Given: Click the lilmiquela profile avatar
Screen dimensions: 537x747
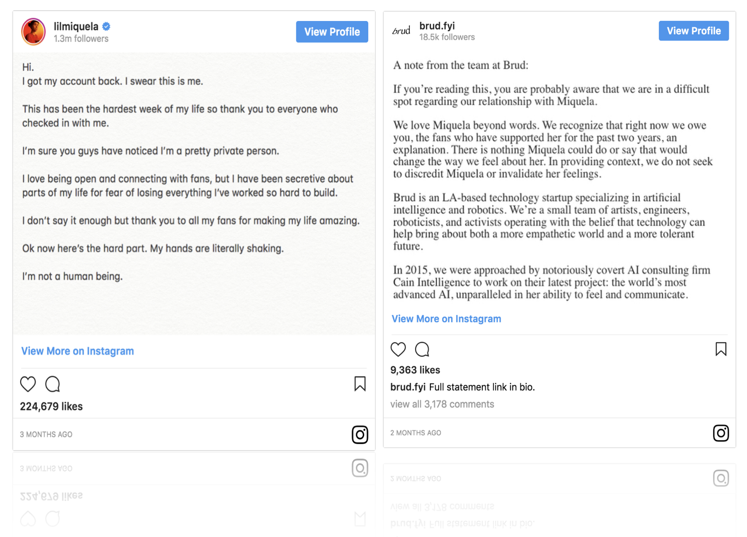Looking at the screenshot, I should coord(33,32).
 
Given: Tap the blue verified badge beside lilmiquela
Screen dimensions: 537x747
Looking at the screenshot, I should coord(106,26).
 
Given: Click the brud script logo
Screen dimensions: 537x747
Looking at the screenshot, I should coord(401,31).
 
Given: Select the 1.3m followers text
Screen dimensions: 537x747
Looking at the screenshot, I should coord(81,39).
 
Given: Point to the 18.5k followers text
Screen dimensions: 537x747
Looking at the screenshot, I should coord(447,37).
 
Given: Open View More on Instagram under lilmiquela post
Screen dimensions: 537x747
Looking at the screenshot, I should coord(78,351).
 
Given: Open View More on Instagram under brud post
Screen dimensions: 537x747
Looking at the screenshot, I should coord(446,319).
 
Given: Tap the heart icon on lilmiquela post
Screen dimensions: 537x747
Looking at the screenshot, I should coord(28,384).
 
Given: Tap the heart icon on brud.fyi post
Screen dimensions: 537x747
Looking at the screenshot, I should coord(398,349).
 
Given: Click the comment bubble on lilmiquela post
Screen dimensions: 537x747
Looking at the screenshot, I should coord(53,384).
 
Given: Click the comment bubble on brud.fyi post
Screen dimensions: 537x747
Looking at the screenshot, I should coord(422,349).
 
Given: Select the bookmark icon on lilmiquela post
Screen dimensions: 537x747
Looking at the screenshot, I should coord(359,384).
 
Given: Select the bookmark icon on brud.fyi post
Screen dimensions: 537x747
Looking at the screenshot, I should coord(720,349).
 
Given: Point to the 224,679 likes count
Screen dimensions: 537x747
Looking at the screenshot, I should coord(51,407).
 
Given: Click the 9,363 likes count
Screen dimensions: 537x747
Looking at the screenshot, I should coord(415,370).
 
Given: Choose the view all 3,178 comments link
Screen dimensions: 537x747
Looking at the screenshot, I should coord(442,404).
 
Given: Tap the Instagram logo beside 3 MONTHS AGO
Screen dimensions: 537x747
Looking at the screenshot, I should coord(359,435).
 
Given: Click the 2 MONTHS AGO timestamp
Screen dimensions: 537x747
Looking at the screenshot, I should coord(416,433).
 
